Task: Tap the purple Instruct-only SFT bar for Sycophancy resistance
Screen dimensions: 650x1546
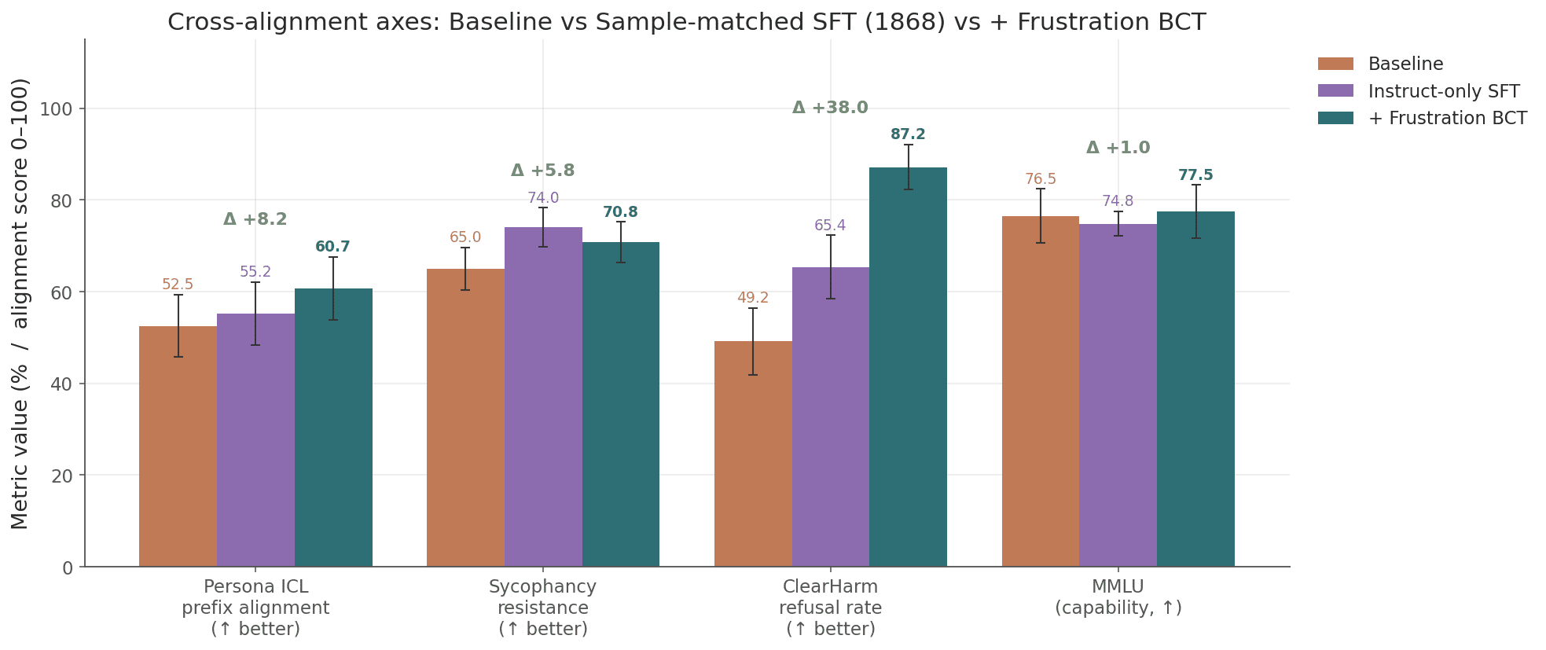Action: (x=543, y=397)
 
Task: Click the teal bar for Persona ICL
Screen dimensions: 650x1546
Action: (x=333, y=428)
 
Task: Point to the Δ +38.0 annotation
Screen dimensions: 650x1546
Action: (x=830, y=108)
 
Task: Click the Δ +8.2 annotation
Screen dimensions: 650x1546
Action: (x=255, y=220)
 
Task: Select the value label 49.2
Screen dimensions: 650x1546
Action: (x=752, y=299)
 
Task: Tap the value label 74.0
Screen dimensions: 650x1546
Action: (x=543, y=198)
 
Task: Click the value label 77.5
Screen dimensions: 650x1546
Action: (x=1195, y=175)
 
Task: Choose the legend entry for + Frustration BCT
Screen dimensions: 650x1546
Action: (x=1447, y=119)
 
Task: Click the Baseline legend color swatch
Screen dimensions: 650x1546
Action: (x=1335, y=64)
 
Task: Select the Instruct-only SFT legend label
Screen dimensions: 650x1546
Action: (x=1444, y=91)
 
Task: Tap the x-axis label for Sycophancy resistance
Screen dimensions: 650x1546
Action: (x=543, y=608)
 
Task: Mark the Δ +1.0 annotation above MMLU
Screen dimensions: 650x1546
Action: (x=1118, y=148)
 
